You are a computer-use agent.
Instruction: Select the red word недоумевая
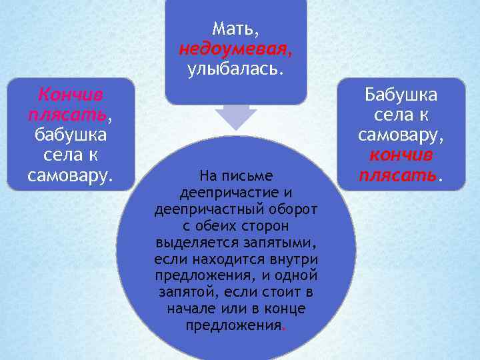[x=235, y=49]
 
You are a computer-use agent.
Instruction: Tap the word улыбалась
[x=235, y=69]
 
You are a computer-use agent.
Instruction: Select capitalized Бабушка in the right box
[x=401, y=93]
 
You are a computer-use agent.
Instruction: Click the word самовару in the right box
[x=400, y=135]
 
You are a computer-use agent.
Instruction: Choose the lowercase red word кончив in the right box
[x=401, y=155]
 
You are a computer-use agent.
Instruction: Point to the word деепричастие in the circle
[x=229, y=193]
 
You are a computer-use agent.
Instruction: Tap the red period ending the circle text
[x=285, y=327]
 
